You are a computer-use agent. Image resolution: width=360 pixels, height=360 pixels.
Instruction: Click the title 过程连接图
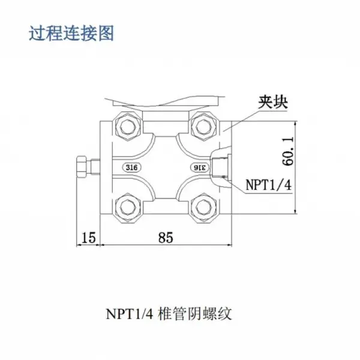click(x=71, y=34)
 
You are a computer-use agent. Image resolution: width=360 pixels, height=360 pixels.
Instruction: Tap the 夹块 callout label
click(x=273, y=102)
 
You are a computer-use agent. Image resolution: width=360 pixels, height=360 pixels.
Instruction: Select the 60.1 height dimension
click(x=287, y=151)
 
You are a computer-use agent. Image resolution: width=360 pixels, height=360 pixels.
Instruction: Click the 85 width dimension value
click(x=166, y=238)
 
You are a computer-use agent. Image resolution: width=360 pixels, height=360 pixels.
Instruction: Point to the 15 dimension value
click(x=88, y=238)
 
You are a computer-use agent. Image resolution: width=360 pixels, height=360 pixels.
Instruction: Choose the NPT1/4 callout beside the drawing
click(x=269, y=185)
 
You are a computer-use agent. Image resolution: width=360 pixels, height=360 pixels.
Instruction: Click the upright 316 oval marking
click(x=132, y=167)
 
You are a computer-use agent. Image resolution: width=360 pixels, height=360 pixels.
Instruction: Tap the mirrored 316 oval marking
click(x=200, y=167)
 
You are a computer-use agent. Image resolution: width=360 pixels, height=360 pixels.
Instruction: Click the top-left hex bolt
click(x=127, y=127)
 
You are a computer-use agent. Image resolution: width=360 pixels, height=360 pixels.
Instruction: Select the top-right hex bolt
click(x=203, y=127)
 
